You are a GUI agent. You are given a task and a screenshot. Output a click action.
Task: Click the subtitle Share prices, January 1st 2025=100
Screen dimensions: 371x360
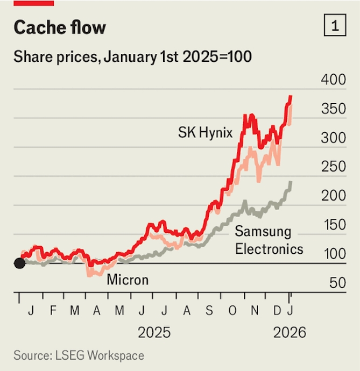(x=132, y=56)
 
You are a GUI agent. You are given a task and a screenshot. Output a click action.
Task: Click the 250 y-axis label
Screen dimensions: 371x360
(x=333, y=167)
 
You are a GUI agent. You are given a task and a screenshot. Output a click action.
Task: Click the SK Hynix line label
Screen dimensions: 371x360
(x=205, y=132)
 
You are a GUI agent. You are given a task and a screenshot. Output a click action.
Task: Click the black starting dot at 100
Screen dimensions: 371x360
(x=19, y=263)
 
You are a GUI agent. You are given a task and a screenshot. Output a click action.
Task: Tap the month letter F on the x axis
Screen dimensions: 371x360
(x=53, y=311)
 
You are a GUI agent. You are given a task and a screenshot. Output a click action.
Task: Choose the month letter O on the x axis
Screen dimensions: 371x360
(x=232, y=311)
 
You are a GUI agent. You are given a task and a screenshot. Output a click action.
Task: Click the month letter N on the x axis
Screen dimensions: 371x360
(x=256, y=311)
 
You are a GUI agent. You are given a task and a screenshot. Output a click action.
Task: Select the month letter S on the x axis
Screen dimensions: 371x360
(x=209, y=311)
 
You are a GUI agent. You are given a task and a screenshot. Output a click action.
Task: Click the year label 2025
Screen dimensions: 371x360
(x=154, y=332)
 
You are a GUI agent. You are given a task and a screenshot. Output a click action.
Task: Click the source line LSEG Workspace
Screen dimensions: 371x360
(x=79, y=355)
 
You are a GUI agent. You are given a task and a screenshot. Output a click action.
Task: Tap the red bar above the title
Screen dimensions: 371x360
(x=34, y=3)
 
